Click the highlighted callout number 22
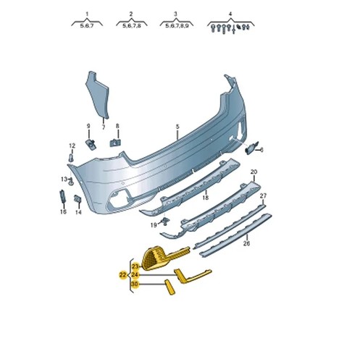point(122,275)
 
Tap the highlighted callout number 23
point(135,266)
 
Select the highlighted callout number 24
point(135,275)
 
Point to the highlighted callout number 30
point(135,284)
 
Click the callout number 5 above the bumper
point(177,127)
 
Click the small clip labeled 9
point(91,144)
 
